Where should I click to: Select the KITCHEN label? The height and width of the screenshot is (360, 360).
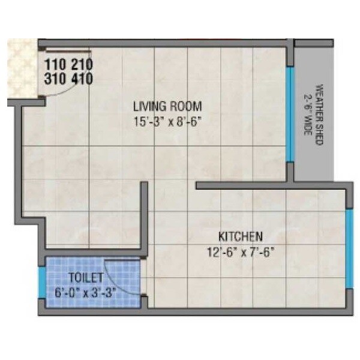241,236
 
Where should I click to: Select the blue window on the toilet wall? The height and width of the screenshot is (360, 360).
41,283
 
